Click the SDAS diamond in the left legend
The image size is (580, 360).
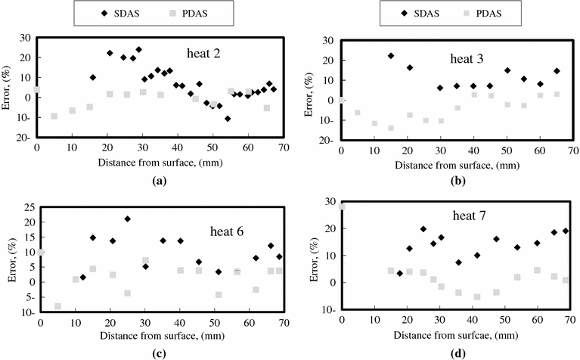[x=94, y=13]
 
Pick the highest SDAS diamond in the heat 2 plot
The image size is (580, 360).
[x=138, y=50]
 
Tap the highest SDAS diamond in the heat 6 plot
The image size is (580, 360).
[x=128, y=219]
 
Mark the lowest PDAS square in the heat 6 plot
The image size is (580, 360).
[x=57, y=306]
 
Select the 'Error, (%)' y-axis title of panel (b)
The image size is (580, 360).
[x=315, y=89]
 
